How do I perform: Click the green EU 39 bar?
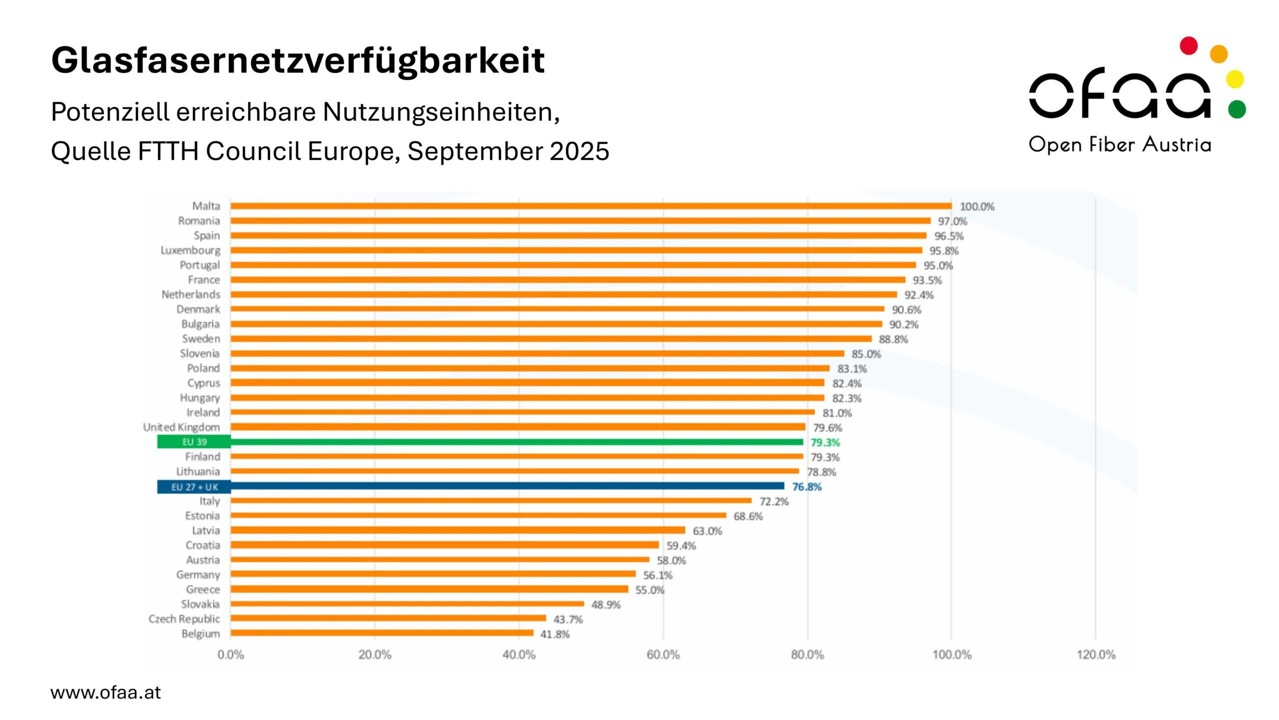517,442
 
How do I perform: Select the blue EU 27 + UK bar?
507,486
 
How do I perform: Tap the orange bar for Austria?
440,559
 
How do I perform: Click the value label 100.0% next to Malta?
977,206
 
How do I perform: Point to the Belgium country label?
200,633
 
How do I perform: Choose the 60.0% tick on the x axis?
663,654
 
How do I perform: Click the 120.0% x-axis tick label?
1096,654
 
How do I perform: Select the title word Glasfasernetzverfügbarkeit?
298,60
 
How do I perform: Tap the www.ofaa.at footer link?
106,692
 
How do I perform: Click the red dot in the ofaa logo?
1189,45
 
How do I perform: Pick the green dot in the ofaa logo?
1237,109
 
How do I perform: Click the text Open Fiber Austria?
1120,144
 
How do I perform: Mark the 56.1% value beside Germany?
657,575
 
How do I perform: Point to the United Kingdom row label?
181,427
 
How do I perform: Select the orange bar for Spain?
579,235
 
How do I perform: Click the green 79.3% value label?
825,442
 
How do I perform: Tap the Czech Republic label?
184,619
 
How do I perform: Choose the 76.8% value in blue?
806,486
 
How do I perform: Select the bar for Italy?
491,500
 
